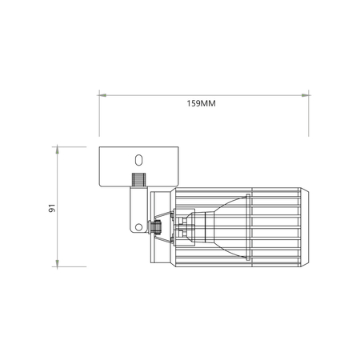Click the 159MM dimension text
click(x=201, y=104)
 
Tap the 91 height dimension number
click(x=50, y=207)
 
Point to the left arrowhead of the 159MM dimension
click(x=102, y=94)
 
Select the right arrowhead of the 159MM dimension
click(x=307, y=94)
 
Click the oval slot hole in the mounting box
click(x=138, y=160)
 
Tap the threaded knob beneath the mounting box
click(x=138, y=180)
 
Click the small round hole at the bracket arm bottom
click(x=138, y=226)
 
